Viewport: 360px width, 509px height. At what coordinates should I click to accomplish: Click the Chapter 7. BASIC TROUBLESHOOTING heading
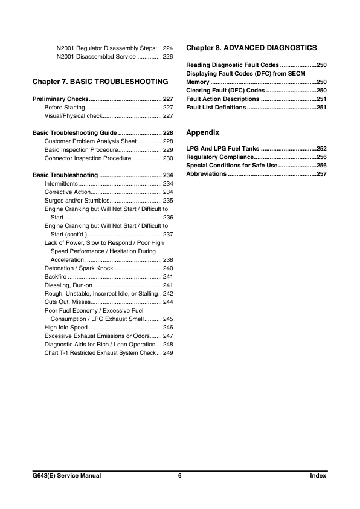click(100, 80)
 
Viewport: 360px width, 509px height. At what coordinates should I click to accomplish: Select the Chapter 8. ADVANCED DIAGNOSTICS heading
click(251, 47)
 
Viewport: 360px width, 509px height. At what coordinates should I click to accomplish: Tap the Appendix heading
click(202, 132)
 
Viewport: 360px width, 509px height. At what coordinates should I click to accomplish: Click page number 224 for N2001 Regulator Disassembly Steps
click(169, 47)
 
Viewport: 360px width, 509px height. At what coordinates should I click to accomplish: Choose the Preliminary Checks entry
click(60, 98)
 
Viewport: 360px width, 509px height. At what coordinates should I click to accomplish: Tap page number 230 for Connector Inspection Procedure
click(169, 158)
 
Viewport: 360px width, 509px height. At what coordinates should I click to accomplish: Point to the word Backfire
click(56, 276)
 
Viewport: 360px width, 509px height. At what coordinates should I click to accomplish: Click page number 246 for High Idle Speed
click(169, 327)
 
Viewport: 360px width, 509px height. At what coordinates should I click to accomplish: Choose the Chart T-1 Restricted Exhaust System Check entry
click(100, 352)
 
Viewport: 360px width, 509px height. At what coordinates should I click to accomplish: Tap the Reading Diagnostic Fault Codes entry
click(233, 65)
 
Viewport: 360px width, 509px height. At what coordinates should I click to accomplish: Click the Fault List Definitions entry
click(216, 107)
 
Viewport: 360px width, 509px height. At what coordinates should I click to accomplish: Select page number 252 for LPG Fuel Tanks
click(321, 148)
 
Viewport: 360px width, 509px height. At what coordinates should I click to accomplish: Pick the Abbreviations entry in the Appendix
click(206, 173)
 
